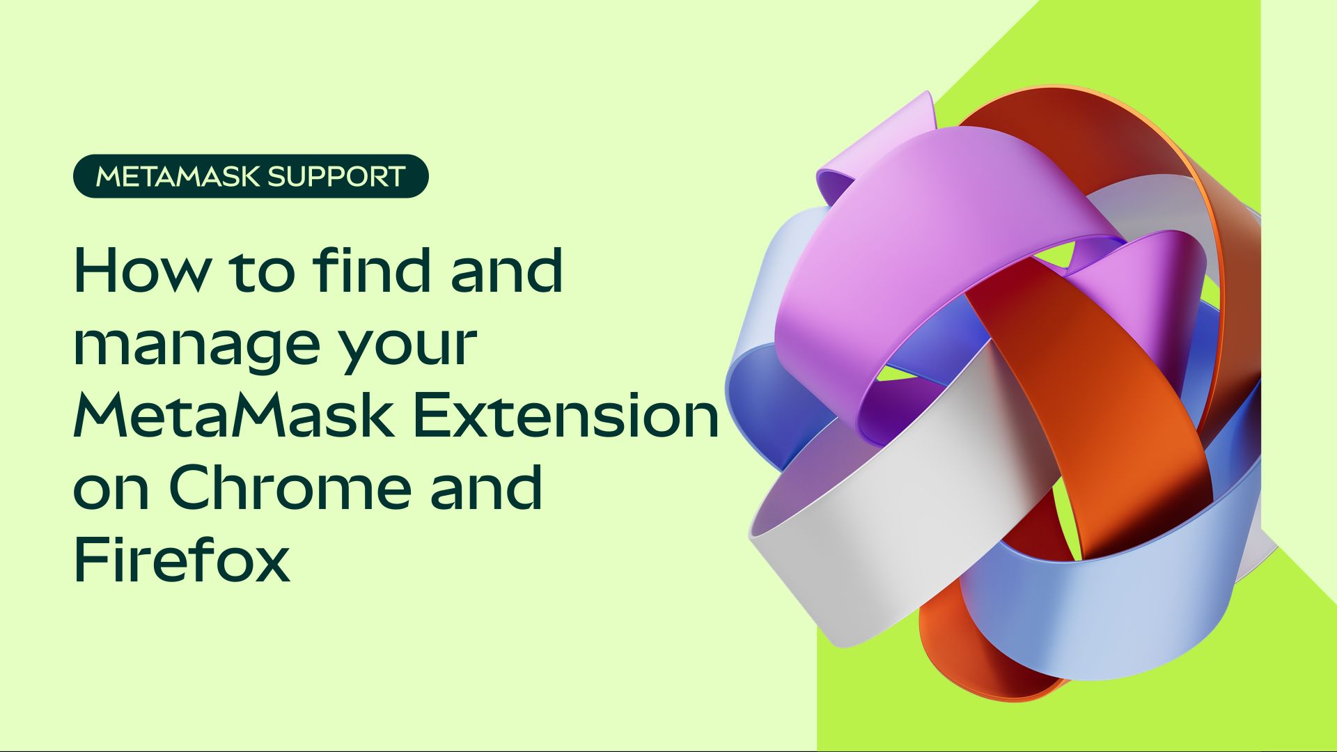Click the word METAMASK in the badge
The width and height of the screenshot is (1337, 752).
point(178,176)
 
